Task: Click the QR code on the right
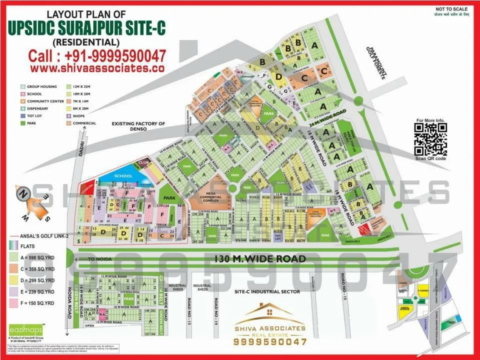(431, 139)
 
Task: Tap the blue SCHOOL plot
(123, 176)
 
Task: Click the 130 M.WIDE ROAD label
(260, 259)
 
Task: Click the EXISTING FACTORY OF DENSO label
(138, 126)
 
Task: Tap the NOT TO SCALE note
(451, 9)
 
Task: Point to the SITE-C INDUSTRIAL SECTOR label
(267, 292)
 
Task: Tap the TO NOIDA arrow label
(96, 259)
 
